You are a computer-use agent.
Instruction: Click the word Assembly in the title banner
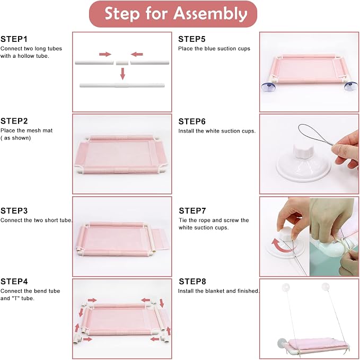(210, 14)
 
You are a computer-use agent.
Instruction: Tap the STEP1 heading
(14, 39)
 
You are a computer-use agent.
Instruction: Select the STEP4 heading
(14, 282)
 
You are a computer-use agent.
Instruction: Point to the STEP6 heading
(192, 121)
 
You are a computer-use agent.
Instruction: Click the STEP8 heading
(192, 282)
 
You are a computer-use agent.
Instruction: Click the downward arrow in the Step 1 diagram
(122, 74)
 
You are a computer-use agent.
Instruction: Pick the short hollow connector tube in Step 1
(122, 63)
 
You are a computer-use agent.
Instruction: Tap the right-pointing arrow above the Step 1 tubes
(105, 54)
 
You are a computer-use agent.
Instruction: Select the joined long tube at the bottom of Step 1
(122, 85)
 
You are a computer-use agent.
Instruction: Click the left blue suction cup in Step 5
(268, 87)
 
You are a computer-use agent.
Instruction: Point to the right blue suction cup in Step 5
(350, 86)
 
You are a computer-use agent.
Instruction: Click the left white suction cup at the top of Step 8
(286, 287)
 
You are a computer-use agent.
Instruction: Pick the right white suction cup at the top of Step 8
(326, 286)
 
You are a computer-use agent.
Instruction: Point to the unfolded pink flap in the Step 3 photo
(161, 239)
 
